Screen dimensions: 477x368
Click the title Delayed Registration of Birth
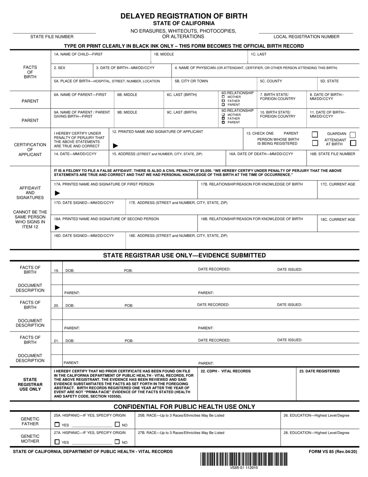(x=184, y=16)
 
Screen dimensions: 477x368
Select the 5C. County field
(x=287, y=83)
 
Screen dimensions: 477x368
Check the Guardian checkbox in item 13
(x=353, y=135)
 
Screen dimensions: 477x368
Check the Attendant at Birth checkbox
(x=353, y=143)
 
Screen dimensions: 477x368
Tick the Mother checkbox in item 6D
(x=223, y=97)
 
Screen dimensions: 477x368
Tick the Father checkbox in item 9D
(x=223, y=119)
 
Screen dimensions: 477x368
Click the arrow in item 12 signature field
(x=115, y=146)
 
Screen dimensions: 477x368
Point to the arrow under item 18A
(x=58, y=228)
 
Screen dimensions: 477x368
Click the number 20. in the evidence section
(x=57, y=306)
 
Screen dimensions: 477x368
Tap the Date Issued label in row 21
(x=289, y=340)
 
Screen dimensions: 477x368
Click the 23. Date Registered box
(x=328, y=384)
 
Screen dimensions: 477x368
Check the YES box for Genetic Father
(x=57, y=424)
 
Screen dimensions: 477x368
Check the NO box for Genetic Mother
(x=117, y=441)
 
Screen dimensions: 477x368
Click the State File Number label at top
(x=52, y=37)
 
